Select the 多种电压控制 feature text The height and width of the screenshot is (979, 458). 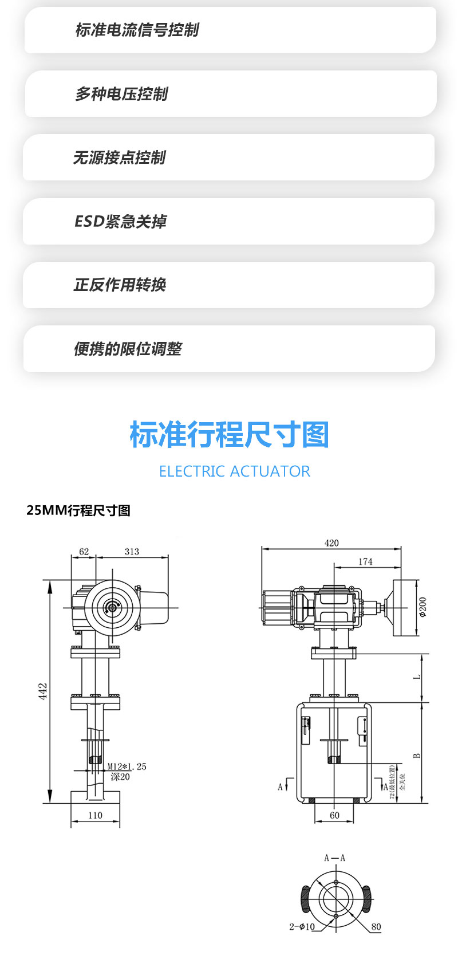[x=121, y=93]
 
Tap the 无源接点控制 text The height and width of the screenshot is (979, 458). [x=119, y=158]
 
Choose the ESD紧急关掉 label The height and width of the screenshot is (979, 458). [x=120, y=221]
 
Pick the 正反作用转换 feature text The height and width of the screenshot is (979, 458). [x=120, y=285]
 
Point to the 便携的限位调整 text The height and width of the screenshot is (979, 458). [x=128, y=348]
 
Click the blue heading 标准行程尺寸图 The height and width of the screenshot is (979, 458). [x=229, y=434]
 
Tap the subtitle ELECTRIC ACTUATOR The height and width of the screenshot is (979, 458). [x=234, y=471]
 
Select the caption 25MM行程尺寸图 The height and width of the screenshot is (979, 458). [x=78, y=510]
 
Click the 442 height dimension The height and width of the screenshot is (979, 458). [x=43, y=691]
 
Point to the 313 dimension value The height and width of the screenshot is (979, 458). [x=132, y=551]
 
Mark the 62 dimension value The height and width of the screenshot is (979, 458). [x=84, y=551]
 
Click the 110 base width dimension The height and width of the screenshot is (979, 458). [x=95, y=815]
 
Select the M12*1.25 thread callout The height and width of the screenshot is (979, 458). [x=127, y=766]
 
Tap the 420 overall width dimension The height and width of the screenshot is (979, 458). [x=331, y=542]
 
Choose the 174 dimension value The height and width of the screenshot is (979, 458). [x=365, y=561]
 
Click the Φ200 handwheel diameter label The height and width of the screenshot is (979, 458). [x=423, y=607]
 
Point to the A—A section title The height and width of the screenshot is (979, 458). [x=335, y=858]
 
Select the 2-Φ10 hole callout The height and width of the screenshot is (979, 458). [x=302, y=926]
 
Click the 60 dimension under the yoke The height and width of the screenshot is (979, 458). [x=334, y=815]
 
